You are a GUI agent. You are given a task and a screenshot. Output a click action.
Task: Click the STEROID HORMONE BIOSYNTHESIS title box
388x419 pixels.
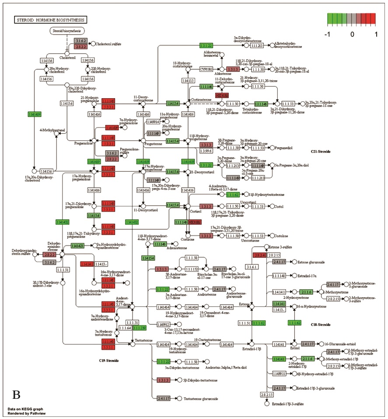coord(51,20)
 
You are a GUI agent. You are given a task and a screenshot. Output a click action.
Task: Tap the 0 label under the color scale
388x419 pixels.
coord(353,34)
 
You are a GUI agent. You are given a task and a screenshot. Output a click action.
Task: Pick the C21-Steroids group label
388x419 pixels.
coord(320,152)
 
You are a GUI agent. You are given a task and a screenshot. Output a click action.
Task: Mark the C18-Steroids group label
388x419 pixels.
coord(320,325)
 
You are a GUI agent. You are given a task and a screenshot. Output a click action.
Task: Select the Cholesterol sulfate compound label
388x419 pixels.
coord(108,44)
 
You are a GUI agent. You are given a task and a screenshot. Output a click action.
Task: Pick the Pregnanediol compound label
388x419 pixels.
coord(287,148)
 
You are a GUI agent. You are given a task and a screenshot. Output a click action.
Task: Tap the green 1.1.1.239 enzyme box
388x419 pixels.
coord(139,328)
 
